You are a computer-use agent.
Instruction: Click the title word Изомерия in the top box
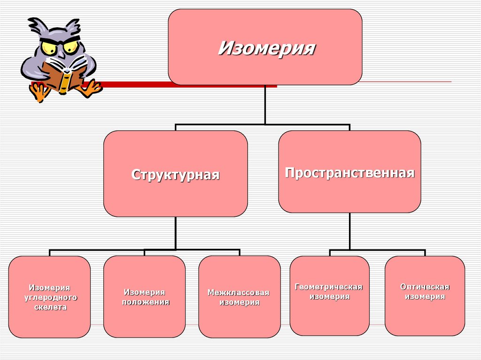point(266,48)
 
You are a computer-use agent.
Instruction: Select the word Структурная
point(175,175)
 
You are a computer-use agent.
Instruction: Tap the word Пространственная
point(349,173)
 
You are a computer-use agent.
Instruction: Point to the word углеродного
point(50,298)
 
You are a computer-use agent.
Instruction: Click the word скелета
point(50,307)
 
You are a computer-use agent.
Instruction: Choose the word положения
point(145,302)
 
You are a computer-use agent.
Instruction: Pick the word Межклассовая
point(239,293)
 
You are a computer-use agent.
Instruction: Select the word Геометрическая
point(329,287)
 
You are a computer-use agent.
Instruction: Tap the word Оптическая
point(425,287)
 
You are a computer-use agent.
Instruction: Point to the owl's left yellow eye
point(48,47)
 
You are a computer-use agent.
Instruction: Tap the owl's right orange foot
point(91,88)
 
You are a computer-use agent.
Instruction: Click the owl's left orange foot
point(39,92)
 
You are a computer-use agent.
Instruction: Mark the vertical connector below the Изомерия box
point(265,104)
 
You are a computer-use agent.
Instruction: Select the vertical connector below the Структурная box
point(176,233)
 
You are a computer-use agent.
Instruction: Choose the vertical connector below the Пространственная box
point(349,231)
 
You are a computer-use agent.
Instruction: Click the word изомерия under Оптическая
point(425,297)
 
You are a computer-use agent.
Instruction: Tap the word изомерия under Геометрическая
point(329,297)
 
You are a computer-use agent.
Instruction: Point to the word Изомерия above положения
point(145,292)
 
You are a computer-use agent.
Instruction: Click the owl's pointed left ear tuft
point(34,23)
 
